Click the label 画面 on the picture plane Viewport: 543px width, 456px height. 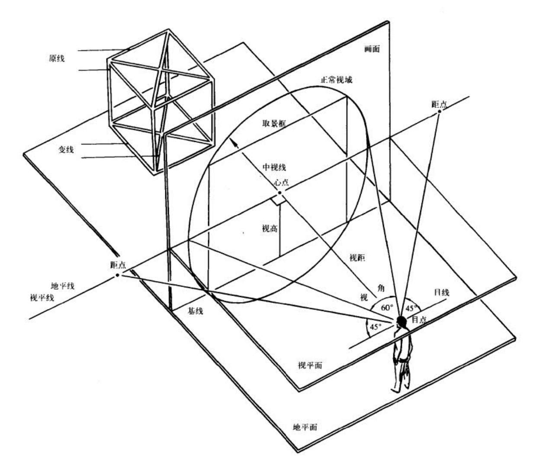click(x=372, y=49)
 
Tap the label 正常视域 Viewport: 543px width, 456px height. click(x=336, y=80)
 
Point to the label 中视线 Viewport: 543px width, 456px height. click(x=274, y=167)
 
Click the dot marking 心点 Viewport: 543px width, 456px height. click(x=280, y=193)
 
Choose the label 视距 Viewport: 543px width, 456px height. click(x=357, y=258)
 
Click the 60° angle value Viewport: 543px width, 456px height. click(x=387, y=308)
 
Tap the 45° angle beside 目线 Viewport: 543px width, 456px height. click(x=411, y=308)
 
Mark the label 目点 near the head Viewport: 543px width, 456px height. click(x=419, y=319)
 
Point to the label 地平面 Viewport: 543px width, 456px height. click(x=305, y=427)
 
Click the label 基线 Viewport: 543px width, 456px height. click(x=195, y=311)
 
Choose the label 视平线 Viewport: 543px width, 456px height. click(x=42, y=297)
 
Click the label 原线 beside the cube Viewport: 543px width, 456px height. click(x=56, y=58)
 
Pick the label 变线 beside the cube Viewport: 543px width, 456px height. click(x=66, y=150)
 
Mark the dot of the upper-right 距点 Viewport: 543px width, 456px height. click(x=439, y=112)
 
